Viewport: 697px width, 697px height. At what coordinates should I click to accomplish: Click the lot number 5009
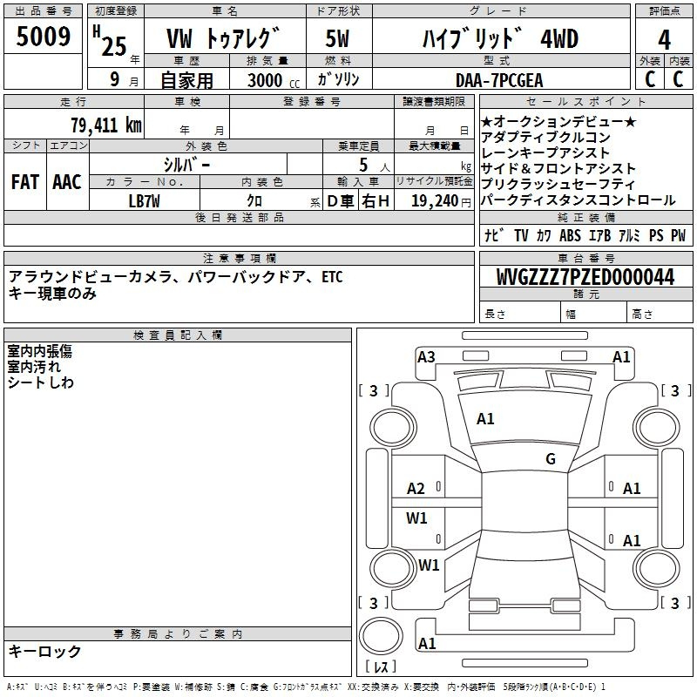coord(43,36)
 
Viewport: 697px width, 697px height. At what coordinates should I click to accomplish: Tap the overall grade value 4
coord(664,40)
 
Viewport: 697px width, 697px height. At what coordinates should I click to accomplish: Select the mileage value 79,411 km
coord(106,125)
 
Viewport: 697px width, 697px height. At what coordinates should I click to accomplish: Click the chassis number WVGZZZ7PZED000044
coord(585,276)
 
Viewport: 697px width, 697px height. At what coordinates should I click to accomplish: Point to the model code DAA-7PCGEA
coord(499,80)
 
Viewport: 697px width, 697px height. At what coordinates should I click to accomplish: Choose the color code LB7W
coord(144,201)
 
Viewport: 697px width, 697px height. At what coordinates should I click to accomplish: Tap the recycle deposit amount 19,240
coord(435,201)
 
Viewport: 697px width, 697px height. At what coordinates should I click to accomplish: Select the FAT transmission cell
coord(25,182)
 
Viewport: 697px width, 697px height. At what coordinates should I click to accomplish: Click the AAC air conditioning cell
coord(67,182)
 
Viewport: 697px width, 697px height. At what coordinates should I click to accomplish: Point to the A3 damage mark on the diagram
coord(426,357)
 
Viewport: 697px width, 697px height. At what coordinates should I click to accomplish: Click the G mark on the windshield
coord(551,458)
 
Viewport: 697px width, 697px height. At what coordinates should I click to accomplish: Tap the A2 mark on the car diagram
coord(416,489)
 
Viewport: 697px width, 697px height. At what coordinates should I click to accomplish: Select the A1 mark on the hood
coord(485,419)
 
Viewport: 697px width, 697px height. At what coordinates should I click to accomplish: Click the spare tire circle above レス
coord(381,636)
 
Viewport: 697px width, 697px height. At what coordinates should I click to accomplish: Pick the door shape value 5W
coord(337,38)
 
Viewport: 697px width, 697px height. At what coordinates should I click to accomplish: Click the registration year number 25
coord(114,46)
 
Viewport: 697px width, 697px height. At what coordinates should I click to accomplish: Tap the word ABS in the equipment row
coord(570,235)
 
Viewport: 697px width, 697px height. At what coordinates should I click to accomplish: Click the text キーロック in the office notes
coord(44,651)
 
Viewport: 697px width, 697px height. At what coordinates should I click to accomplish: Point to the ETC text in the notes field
coord(332,277)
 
